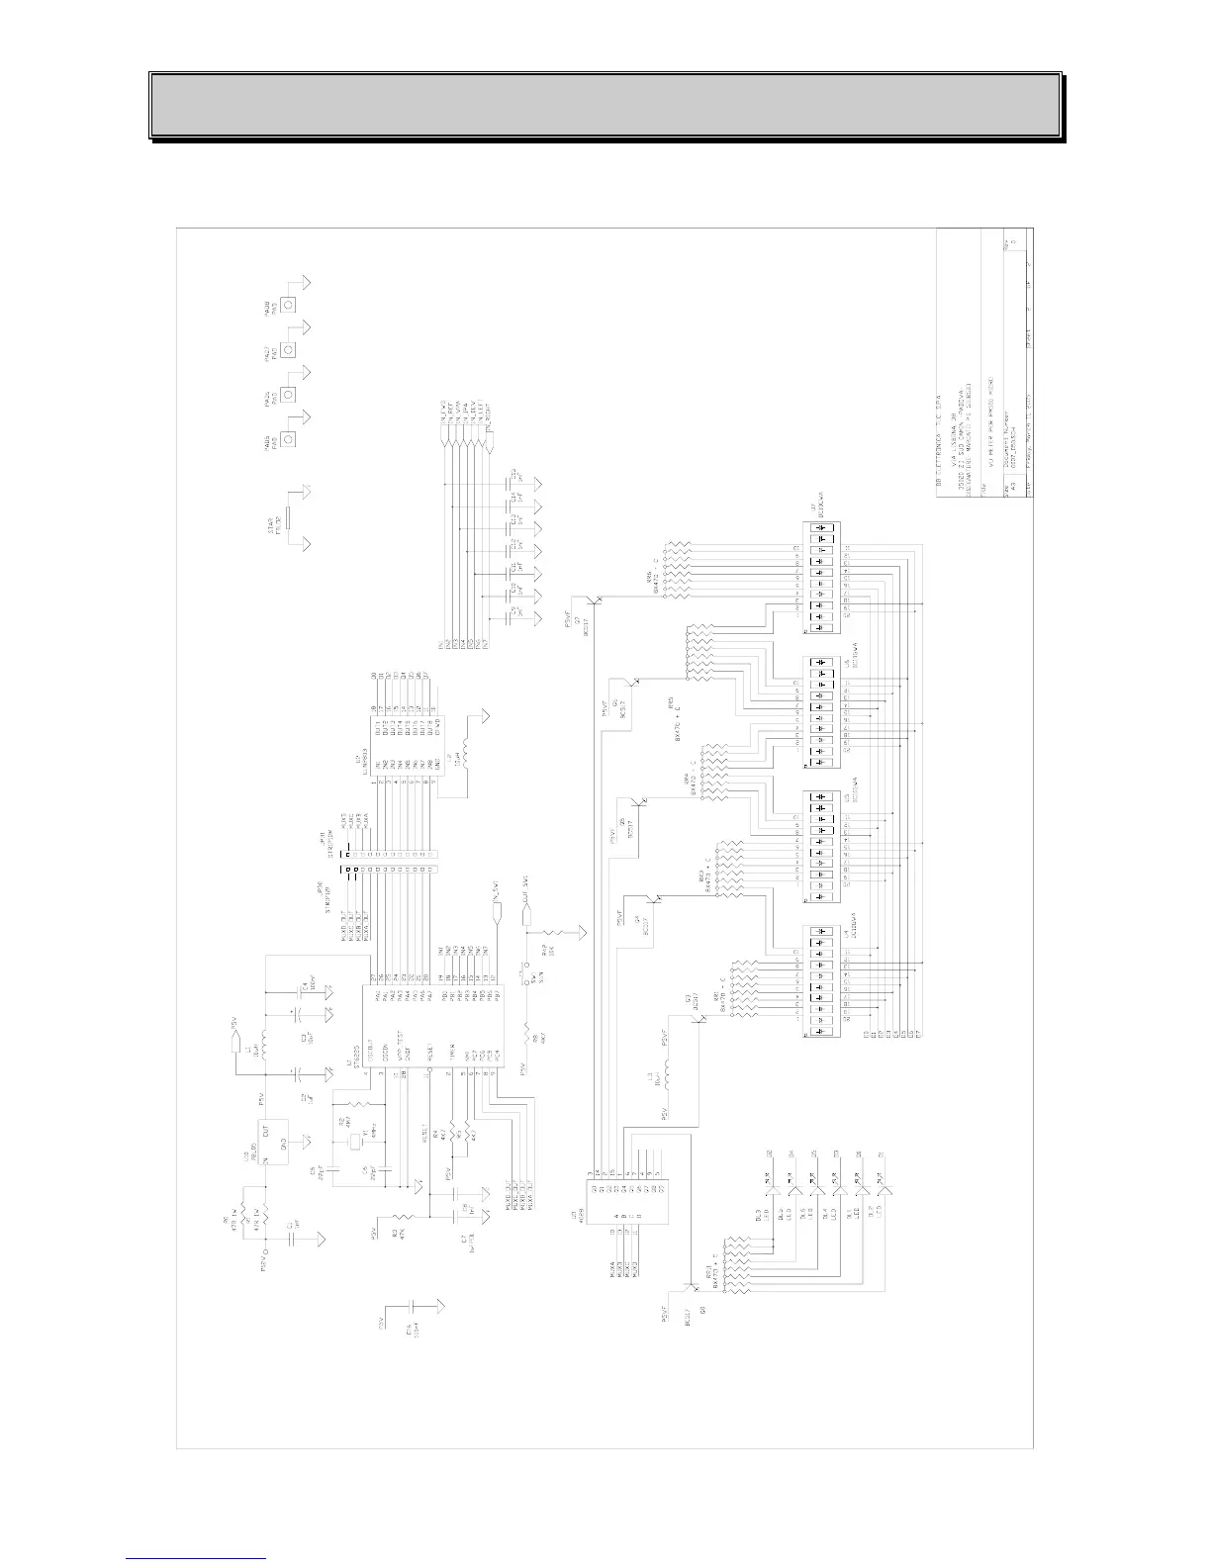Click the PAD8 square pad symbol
coord(288,305)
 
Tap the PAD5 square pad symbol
coord(288,438)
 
